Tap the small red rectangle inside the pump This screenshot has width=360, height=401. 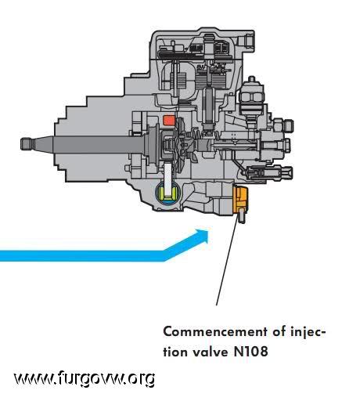tap(168, 120)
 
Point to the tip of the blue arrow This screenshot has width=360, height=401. tap(208, 232)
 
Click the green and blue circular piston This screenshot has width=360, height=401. tap(167, 193)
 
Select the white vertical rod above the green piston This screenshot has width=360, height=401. tap(168, 177)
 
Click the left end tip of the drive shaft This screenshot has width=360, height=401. tap(21, 143)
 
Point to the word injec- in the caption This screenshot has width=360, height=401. tap(308, 333)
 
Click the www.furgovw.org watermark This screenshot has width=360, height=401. tap(85, 378)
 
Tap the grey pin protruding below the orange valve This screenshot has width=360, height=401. tap(241, 215)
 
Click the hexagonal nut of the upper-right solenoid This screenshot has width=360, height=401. tap(251, 97)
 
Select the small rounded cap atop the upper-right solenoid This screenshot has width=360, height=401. tap(251, 79)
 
